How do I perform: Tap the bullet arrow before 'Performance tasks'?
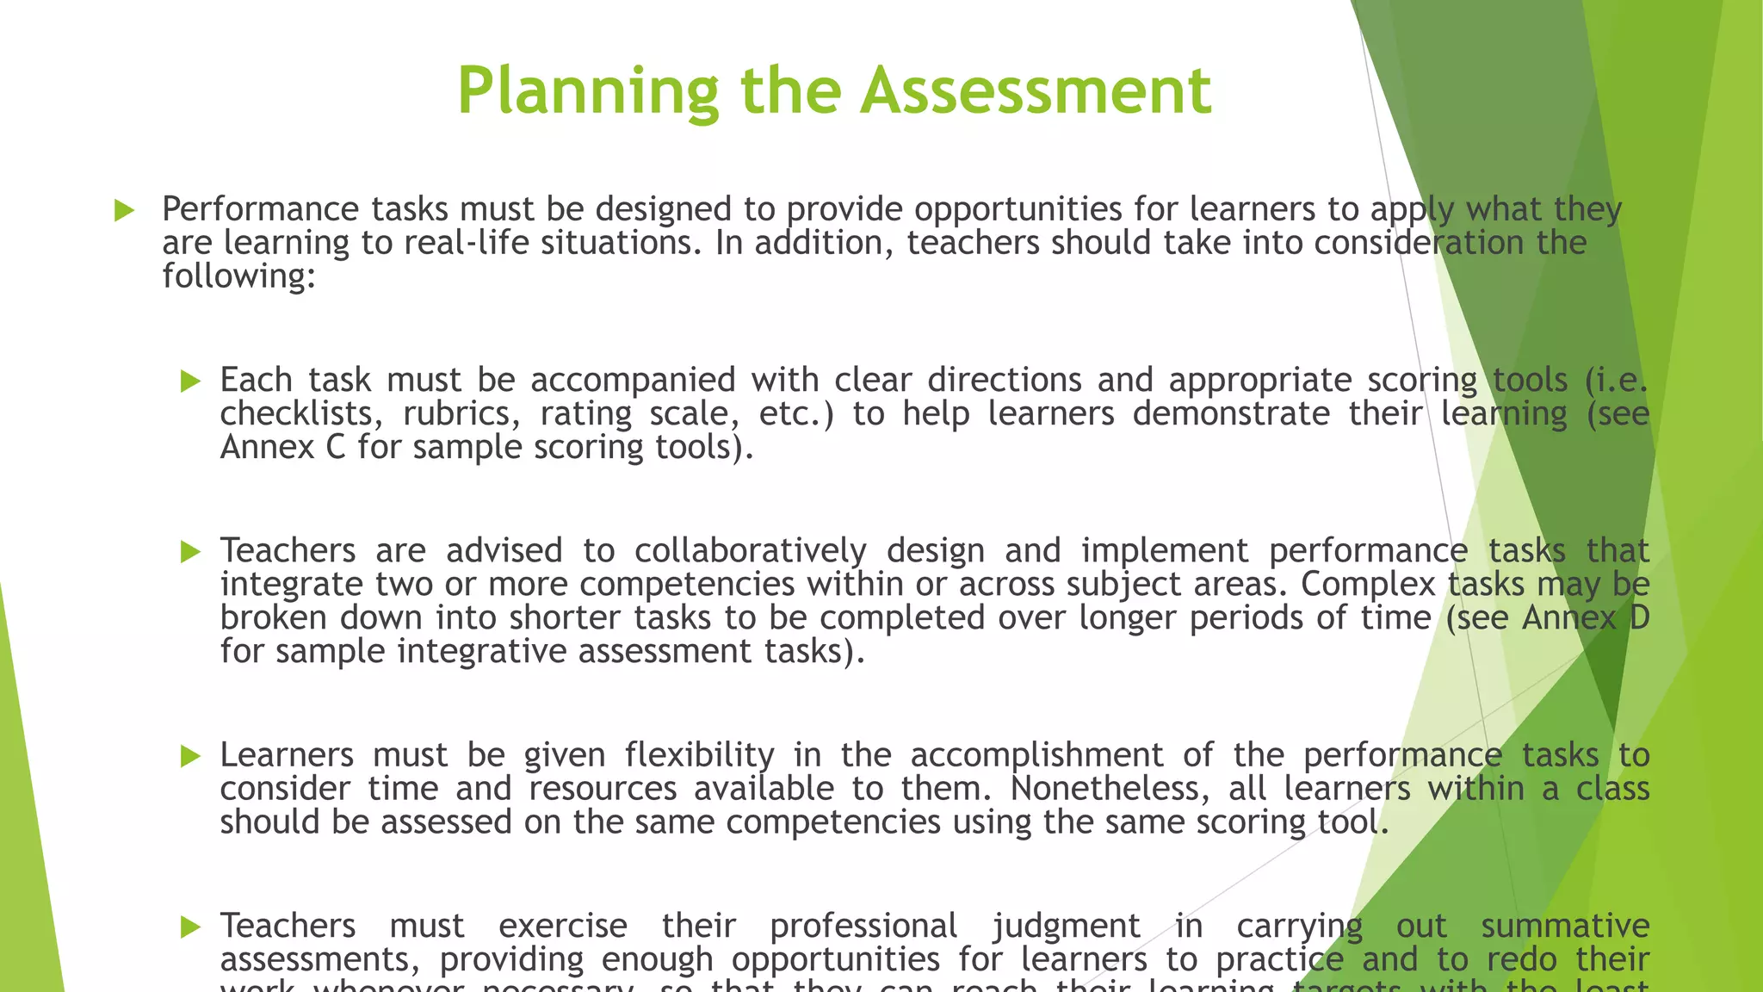click(125, 210)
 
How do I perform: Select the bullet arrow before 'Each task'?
click(190, 381)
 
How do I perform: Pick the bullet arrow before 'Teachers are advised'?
click(190, 551)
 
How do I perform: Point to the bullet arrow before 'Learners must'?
click(190, 756)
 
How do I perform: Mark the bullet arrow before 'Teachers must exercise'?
click(190, 927)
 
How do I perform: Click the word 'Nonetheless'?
click(1110, 789)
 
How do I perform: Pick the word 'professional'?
click(863, 927)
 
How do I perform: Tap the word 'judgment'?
click(1066, 927)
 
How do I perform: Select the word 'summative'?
click(1564, 926)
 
